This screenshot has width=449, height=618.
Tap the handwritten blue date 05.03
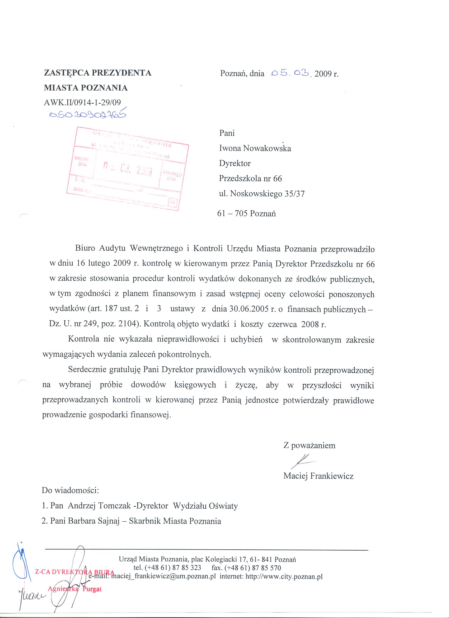click(291, 73)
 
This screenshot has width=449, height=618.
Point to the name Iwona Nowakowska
click(255, 148)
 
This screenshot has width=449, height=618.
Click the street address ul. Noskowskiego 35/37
click(262, 194)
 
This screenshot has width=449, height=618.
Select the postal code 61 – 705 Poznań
click(246, 213)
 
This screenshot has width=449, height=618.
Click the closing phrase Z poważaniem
click(309, 446)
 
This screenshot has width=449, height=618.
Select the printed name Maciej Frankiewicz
click(318, 476)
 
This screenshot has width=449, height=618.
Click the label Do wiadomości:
click(70, 491)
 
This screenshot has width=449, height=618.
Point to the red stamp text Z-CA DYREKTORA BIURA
click(74, 572)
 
